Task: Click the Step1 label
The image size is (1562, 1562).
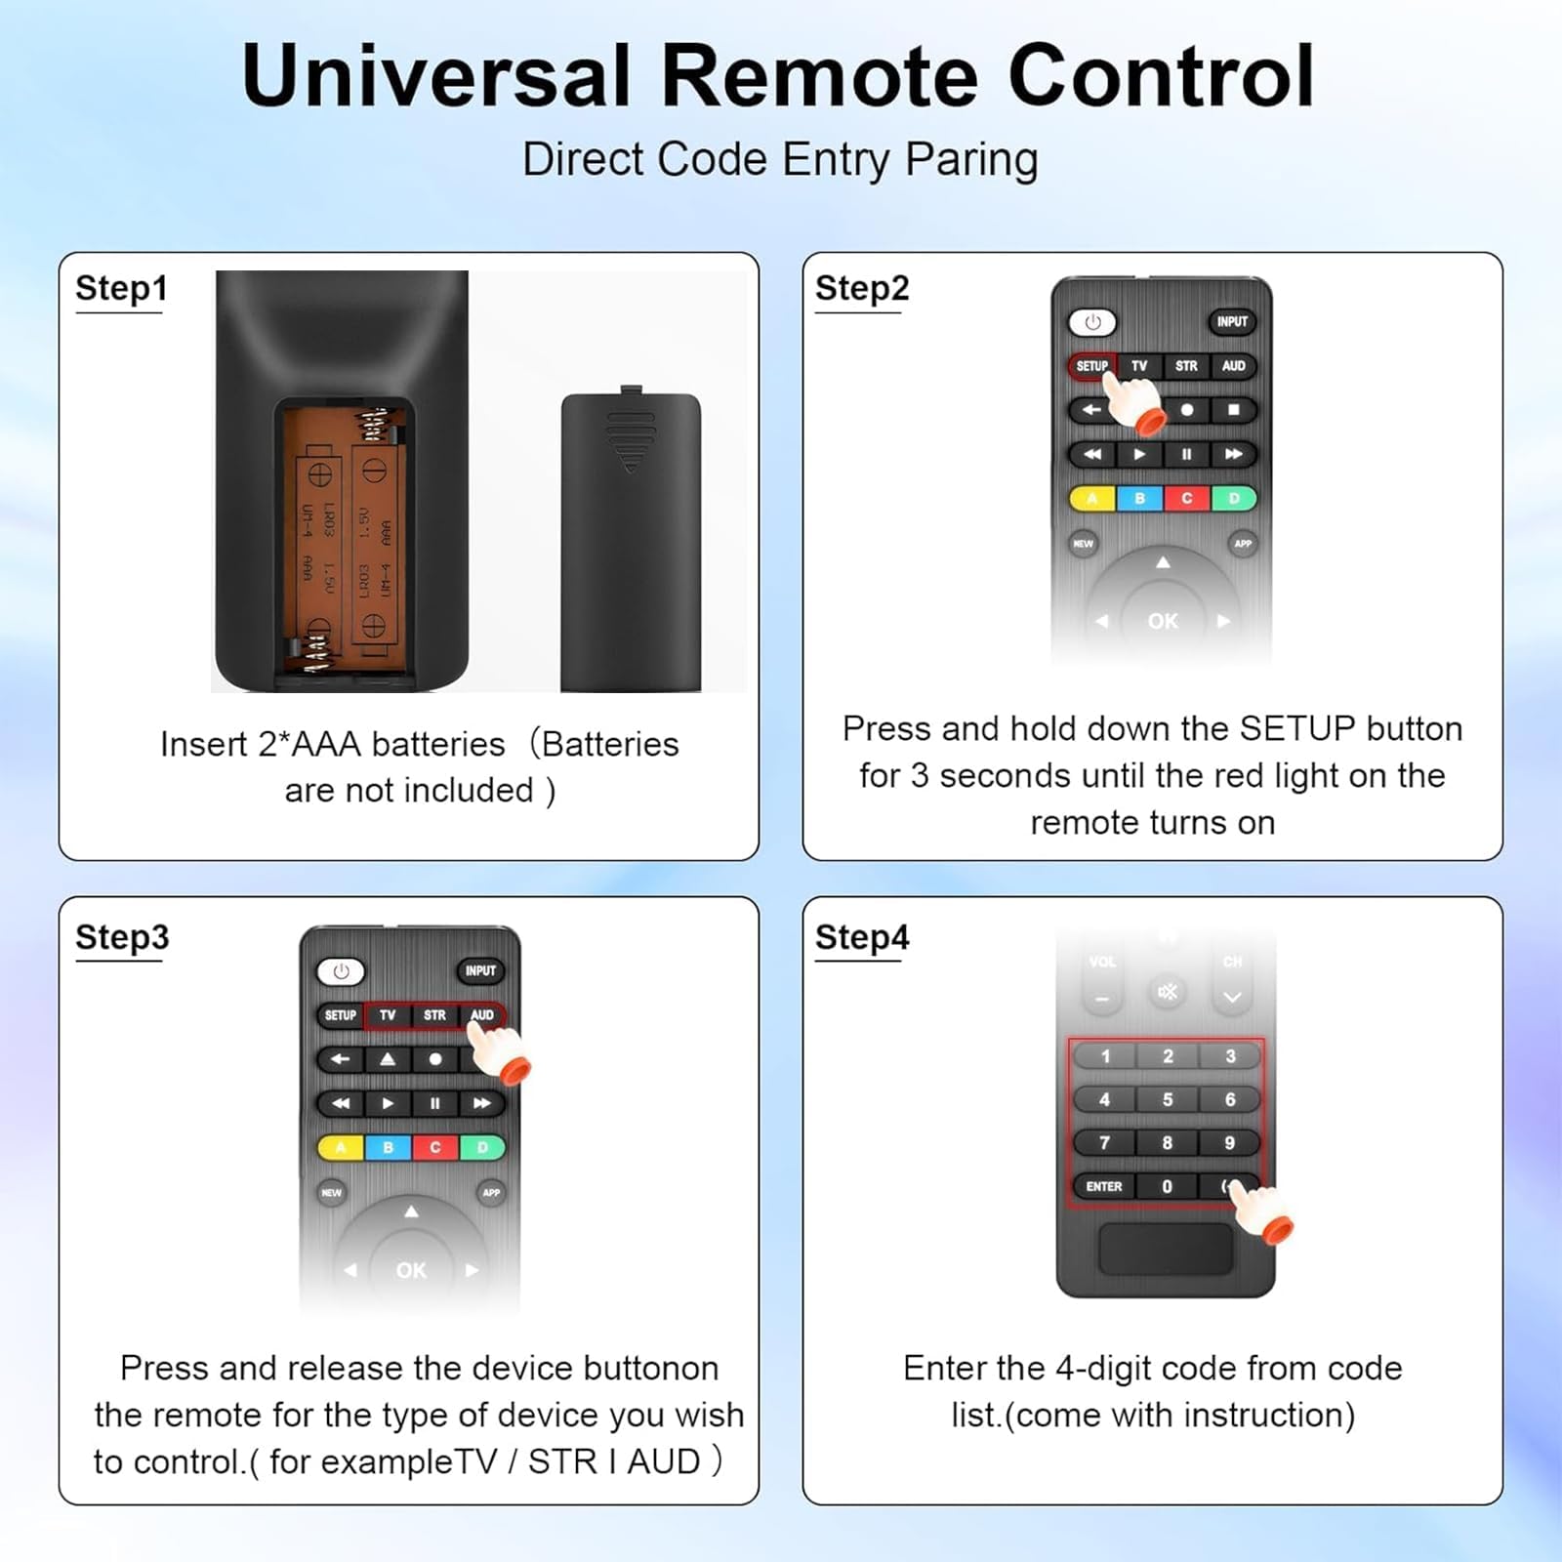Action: tap(121, 289)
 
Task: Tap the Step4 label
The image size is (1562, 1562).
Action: tap(861, 937)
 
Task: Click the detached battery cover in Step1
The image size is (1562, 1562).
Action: tap(631, 542)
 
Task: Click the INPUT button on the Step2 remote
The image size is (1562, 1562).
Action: tap(1232, 321)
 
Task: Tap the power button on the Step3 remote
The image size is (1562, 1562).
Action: tap(341, 971)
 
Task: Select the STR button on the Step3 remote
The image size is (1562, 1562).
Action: tap(434, 1015)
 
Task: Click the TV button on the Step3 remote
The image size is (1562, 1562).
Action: tap(388, 1015)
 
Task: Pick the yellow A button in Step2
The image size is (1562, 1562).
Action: tap(1092, 499)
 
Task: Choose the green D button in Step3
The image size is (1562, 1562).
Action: tap(482, 1148)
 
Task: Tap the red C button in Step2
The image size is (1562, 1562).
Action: tap(1187, 499)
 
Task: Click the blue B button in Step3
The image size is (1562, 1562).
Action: tap(388, 1148)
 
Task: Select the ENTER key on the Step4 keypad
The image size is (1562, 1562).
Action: tap(1104, 1186)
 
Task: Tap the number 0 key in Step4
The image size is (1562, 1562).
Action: tap(1167, 1186)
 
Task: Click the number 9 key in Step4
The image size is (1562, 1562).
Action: tap(1229, 1143)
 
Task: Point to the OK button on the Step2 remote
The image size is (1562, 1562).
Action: tap(1162, 621)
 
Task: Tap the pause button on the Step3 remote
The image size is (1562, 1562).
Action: tap(434, 1103)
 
